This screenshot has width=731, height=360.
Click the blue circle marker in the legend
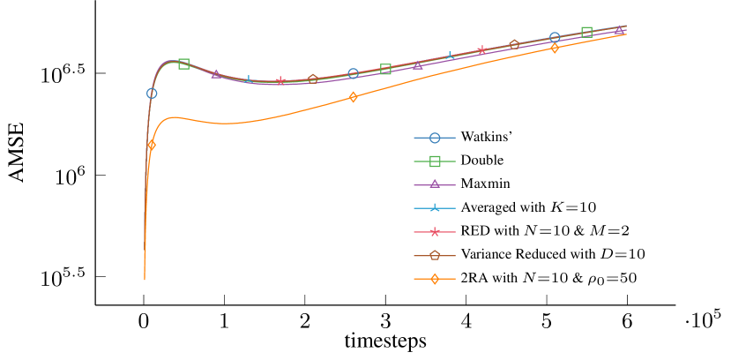coord(435,138)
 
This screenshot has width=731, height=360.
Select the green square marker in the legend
coord(435,161)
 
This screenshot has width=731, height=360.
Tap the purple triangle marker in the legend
coord(435,184)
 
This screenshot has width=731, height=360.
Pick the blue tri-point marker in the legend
coord(435,208)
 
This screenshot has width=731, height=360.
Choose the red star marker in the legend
coord(435,232)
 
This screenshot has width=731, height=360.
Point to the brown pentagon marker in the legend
coord(435,256)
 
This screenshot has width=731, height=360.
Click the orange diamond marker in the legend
coord(435,280)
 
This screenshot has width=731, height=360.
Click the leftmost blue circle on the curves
coord(152,94)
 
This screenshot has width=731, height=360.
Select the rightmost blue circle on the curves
coord(555,37)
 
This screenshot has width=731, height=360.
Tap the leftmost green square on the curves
coord(183,64)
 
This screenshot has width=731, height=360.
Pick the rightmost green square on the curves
coord(586,33)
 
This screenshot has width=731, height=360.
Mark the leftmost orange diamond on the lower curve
coord(152,145)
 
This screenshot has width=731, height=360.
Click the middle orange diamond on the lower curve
coord(353,97)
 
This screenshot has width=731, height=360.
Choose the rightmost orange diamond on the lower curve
coord(555,48)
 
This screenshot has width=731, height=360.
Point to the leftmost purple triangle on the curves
coord(216,74)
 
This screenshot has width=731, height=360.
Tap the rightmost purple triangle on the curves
coord(619,30)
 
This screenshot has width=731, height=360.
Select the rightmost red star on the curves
coord(481,50)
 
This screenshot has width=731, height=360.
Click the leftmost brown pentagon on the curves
coord(312,79)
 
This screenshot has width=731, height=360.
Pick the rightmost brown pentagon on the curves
coord(514,44)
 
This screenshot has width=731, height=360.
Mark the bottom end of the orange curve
coord(145,280)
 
